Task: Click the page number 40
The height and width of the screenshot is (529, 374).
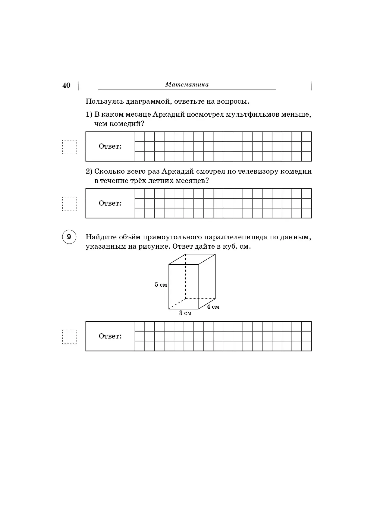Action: click(x=66, y=85)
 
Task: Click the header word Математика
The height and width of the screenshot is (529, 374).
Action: click(x=187, y=85)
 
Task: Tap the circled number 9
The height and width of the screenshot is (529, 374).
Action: click(x=69, y=237)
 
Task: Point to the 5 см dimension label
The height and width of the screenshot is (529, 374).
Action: click(x=161, y=285)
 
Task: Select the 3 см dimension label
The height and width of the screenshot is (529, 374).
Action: click(x=185, y=313)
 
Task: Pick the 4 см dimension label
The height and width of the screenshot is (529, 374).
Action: click(x=213, y=307)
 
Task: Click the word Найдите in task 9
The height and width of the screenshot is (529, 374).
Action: click(x=100, y=237)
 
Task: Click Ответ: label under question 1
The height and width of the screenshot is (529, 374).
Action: click(x=110, y=146)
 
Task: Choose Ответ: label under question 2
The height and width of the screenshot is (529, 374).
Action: click(x=110, y=203)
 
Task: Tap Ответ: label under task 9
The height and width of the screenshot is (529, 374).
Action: click(x=110, y=336)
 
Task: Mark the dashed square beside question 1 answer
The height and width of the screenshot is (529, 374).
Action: click(x=69, y=147)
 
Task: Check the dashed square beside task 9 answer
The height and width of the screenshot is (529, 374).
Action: click(x=69, y=337)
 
